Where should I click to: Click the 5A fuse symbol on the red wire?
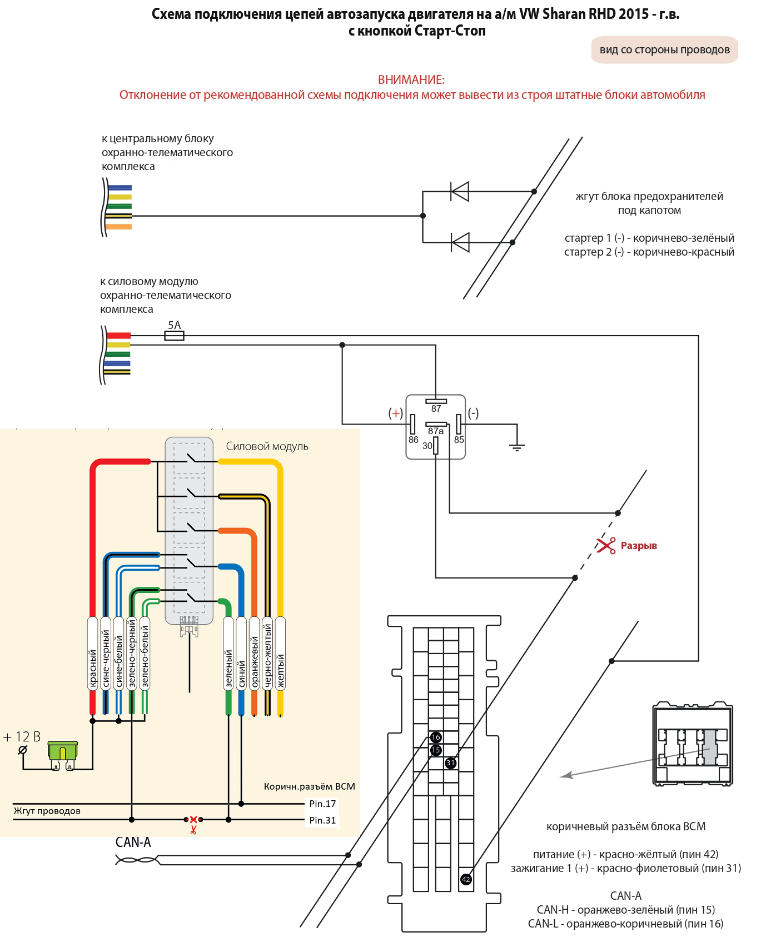pyautogui.click(x=174, y=336)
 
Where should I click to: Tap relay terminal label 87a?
pyautogui.click(x=436, y=431)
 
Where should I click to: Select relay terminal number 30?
pyautogui.click(x=427, y=446)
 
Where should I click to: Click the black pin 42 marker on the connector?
pyautogui.click(x=466, y=879)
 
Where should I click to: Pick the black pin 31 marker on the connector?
pyautogui.click(x=451, y=763)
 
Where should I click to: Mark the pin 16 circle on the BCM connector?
pyautogui.click(x=436, y=737)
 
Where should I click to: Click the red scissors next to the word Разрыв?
pyautogui.click(x=606, y=545)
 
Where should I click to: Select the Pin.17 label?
pyautogui.click(x=322, y=804)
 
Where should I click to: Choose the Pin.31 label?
pyautogui.click(x=322, y=820)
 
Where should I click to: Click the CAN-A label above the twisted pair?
pyautogui.click(x=133, y=843)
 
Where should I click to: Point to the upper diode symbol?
pyautogui.click(x=460, y=192)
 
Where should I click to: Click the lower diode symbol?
pyautogui.click(x=460, y=242)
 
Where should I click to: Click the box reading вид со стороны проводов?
pyautogui.click(x=665, y=49)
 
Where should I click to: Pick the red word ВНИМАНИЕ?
pyautogui.click(x=411, y=79)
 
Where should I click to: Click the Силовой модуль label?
pyautogui.click(x=267, y=446)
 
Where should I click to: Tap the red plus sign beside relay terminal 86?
pyautogui.click(x=396, y=413)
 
